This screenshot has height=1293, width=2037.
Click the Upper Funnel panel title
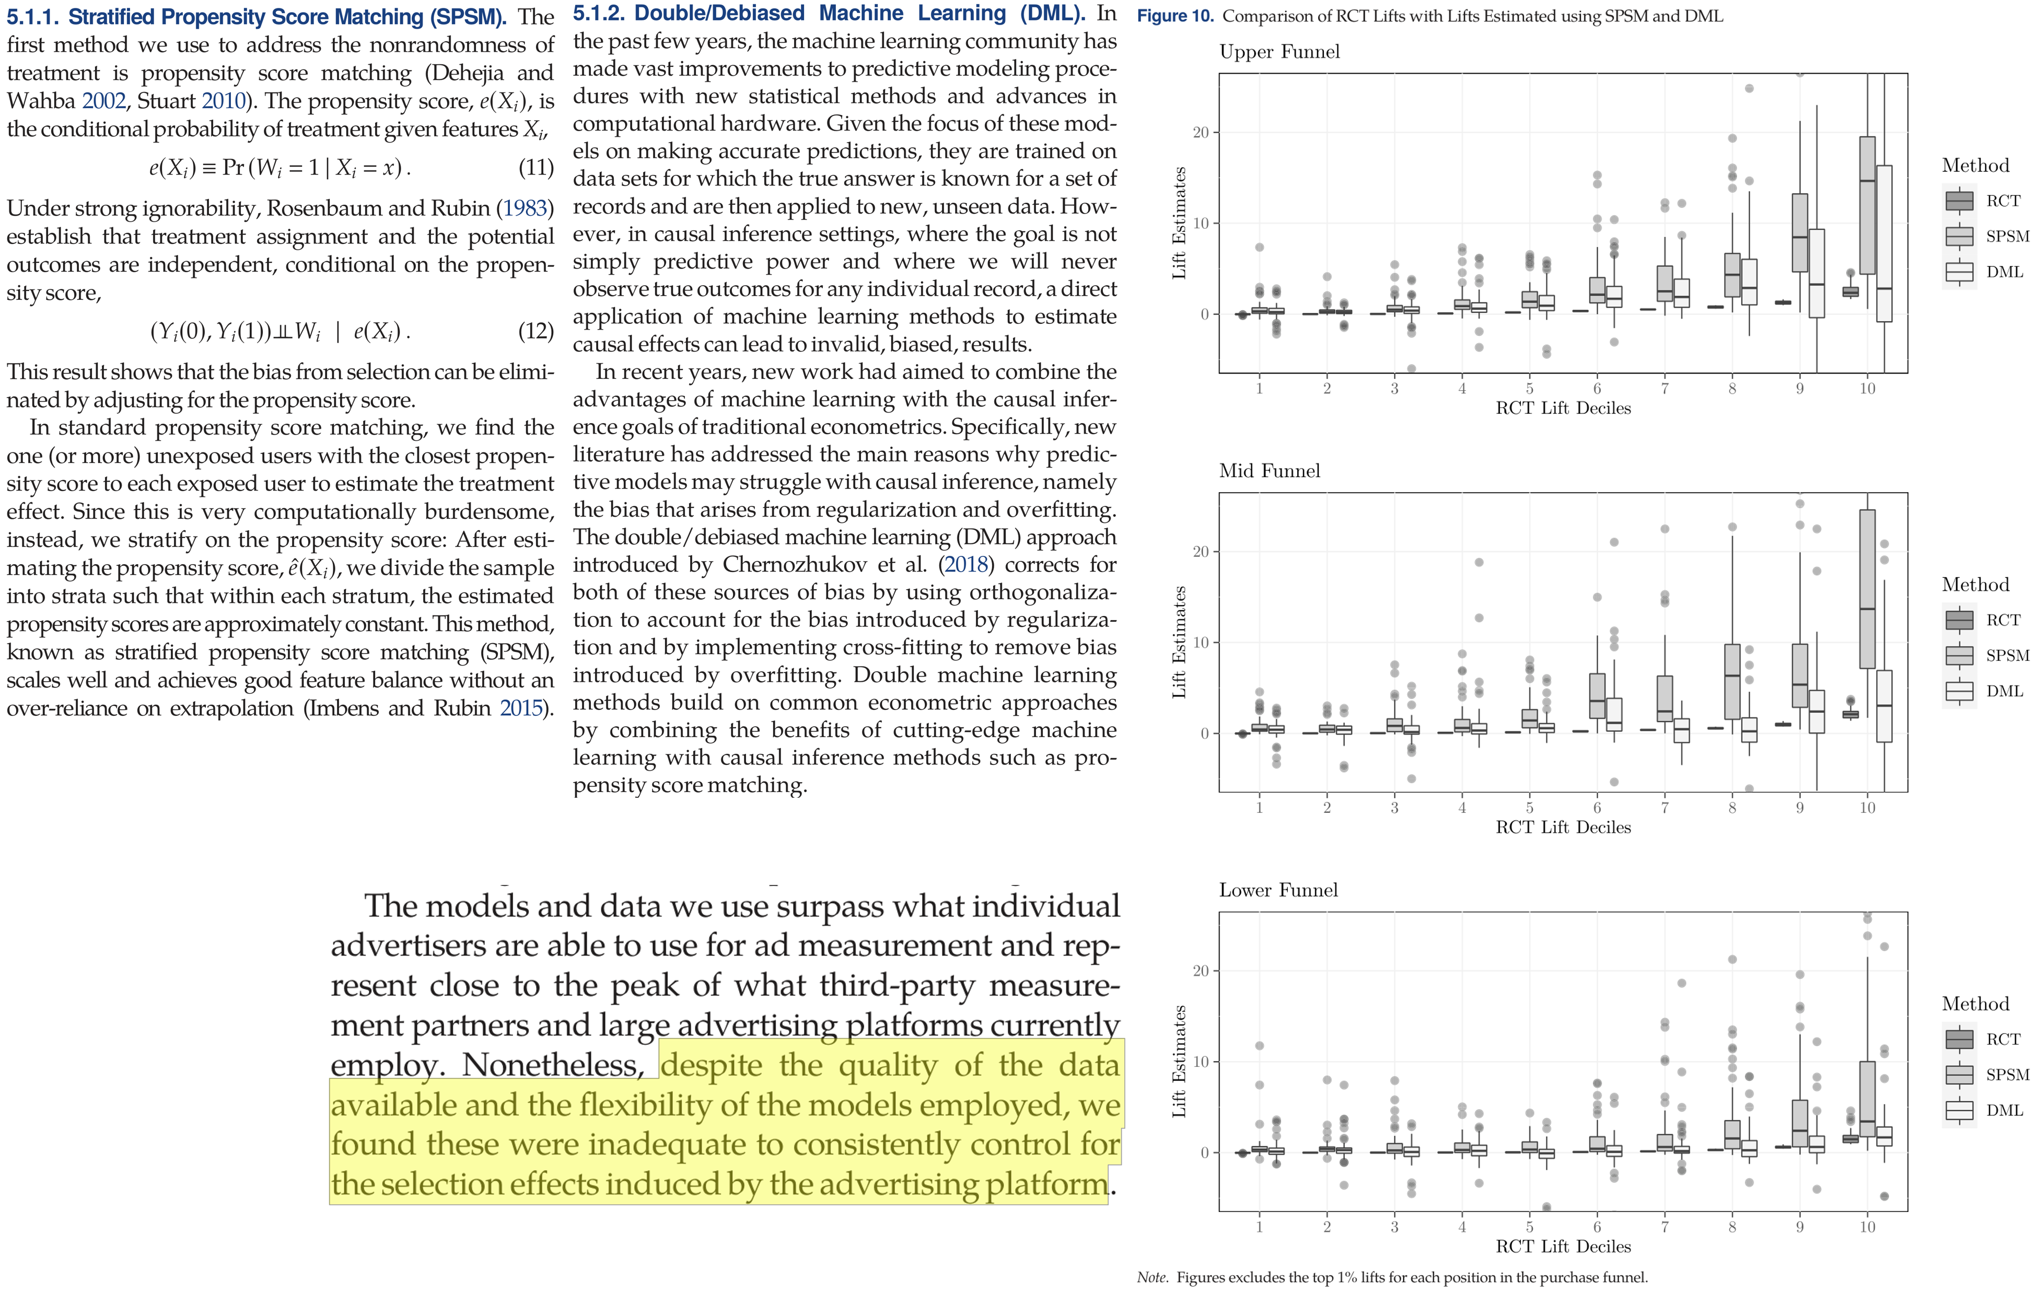(1279, 52)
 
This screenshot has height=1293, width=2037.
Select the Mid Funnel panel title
(1269, 471)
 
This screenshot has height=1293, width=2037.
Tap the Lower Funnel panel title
(1278, 890)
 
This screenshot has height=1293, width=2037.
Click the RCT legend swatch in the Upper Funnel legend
(1959, 201)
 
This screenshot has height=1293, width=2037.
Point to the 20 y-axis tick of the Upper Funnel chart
(1201, 133)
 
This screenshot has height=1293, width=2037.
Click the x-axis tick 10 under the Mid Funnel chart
(1867, 808)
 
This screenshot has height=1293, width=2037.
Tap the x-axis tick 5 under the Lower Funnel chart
(1529, 1227)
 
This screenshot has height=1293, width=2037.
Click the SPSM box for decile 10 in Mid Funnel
(1867, 589)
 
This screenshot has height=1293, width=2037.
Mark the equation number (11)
(536, 168)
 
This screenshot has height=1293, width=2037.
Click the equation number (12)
(536, 331)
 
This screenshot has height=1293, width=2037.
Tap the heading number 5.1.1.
(33, 17)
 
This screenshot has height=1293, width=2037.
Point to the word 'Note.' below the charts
(1152, 1277)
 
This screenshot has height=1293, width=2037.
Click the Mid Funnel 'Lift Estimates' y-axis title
(1179, 642)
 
